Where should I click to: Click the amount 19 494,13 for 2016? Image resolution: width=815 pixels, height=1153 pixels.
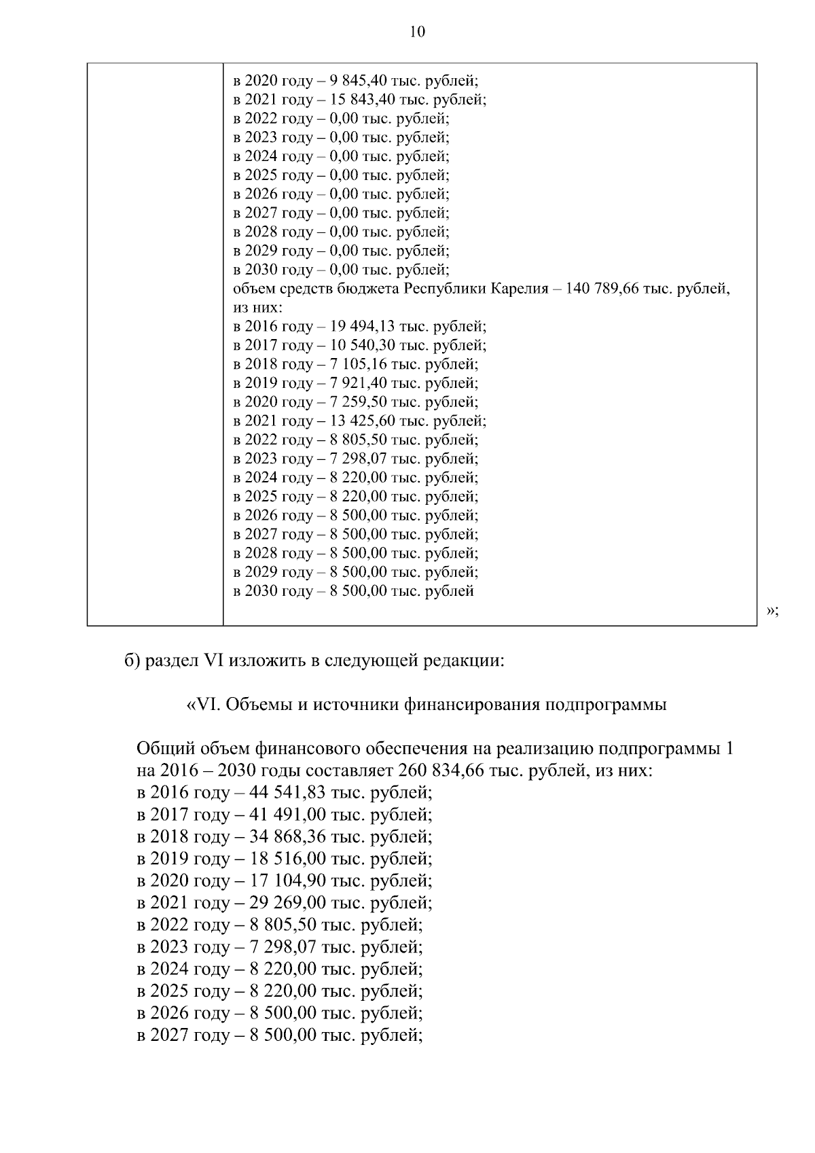(362, 326)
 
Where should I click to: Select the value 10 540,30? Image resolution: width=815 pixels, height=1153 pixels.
(362, 345)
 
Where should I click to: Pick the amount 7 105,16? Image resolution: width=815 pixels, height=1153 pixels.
(358, 364)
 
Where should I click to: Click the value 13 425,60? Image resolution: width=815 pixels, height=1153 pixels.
(362, 421)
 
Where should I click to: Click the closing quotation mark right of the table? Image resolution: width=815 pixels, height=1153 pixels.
(772, 610)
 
